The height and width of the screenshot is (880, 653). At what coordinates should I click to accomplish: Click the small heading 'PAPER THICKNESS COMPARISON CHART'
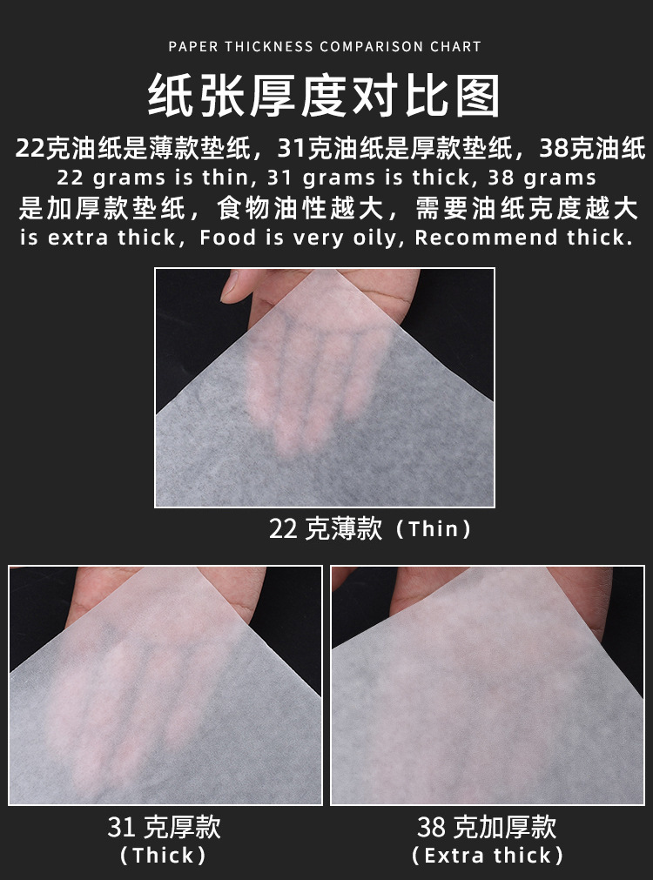click(x=325, y=46)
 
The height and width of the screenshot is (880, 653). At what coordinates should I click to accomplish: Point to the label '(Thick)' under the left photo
click(x=164, y=855)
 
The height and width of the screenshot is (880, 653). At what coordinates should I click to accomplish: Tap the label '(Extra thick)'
click(x=487, y=855)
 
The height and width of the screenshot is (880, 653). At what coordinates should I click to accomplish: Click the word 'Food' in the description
click(x=227, y=238)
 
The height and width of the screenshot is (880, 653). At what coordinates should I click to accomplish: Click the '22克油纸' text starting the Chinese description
click(x=69, y=149)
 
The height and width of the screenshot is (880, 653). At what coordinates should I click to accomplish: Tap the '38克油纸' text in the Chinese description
click(x=592, y=149)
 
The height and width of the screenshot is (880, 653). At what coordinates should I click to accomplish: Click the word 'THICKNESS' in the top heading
click(x=269, y=46)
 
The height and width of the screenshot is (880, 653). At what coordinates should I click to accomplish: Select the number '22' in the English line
click(x=71, y=178)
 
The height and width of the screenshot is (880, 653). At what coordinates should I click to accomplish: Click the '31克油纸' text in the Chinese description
click(x=332, y=149)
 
